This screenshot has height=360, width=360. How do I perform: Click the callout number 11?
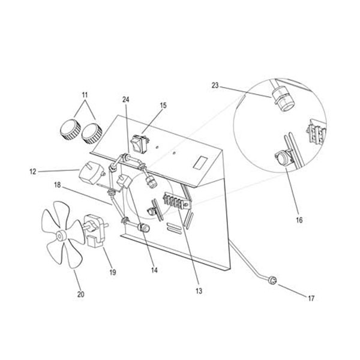coord(85,95)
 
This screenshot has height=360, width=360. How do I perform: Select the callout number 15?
coord(163,106)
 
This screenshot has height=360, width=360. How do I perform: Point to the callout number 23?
coord(215,86)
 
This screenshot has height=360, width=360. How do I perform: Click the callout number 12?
coord(32,172)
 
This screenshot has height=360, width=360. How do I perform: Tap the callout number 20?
coord(80,294)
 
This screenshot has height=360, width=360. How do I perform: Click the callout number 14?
coord(154,271)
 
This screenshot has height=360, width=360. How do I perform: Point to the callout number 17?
coord(310,298)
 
